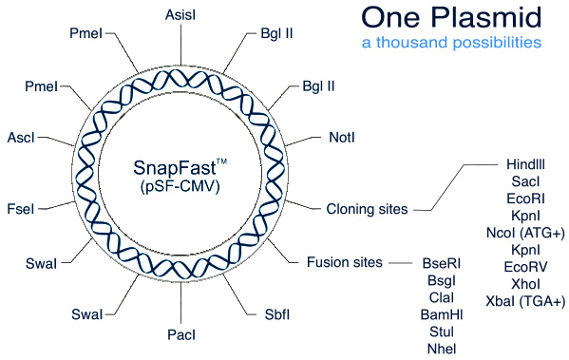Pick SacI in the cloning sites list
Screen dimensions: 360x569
pos(524,181)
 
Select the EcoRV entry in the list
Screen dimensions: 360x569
pos(524,267)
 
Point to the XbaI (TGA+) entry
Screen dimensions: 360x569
pos(524,301)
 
